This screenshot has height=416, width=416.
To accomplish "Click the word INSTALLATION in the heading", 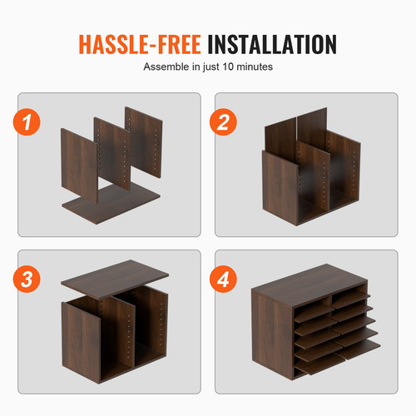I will click(272, 42).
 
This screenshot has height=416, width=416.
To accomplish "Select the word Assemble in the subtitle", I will click(166, 66).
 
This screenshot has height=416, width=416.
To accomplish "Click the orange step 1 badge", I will click(32, 124).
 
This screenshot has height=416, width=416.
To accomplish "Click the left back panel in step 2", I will click(280, 133).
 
